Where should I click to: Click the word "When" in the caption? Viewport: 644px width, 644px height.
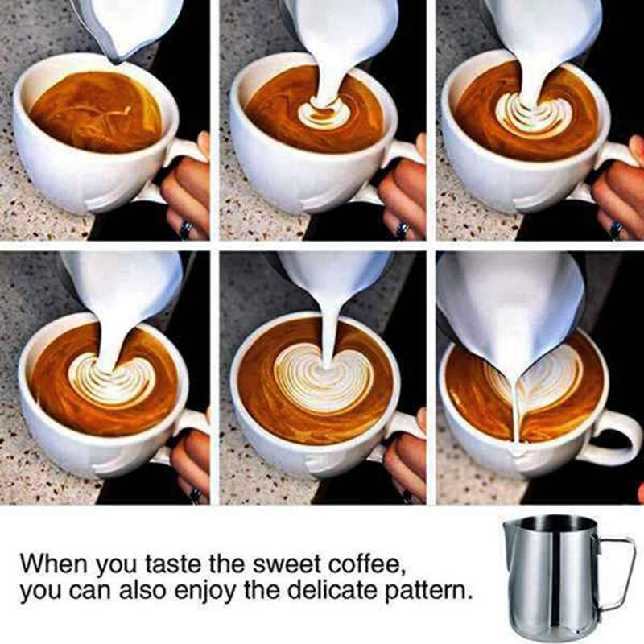[x=54, y=563]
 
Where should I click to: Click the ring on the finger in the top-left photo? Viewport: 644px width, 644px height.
[x=186, y=229]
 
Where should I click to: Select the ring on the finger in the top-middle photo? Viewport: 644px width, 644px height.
[x=402, y=229]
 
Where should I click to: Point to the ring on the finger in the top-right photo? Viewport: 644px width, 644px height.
[x=616, y=230]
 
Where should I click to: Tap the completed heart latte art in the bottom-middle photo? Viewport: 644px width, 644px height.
[x=324, y=378]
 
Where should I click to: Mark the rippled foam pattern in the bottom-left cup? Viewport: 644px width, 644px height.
[x=112, y=381]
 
